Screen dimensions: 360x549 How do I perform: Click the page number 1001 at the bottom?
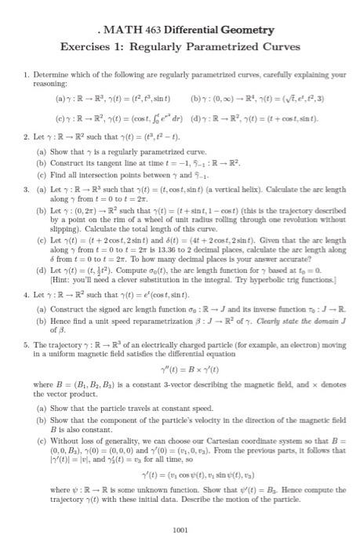coord(180,530)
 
